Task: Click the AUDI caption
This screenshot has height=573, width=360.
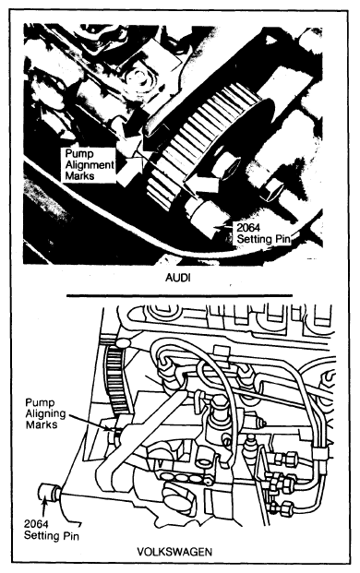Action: point(178,278)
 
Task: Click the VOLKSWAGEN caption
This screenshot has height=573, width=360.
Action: point(174,552)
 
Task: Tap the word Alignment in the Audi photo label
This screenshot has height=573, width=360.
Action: point(90,165)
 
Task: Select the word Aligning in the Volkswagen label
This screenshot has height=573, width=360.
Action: point(45,414)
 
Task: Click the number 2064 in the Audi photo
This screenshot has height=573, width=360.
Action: point(248,228)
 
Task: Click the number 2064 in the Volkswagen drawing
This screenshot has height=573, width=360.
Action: point(36,524)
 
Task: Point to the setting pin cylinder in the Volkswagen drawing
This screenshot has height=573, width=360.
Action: point(48,492)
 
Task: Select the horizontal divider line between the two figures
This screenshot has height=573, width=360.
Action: point(179,295)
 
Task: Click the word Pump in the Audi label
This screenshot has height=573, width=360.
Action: point(79,154)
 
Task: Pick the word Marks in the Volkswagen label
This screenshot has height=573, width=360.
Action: point(42,425)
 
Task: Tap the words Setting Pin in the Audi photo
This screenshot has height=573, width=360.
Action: point(264,239)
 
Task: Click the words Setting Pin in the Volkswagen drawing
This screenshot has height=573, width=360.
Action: point(52,536)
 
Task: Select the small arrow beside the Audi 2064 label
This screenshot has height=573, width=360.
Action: point(224,229)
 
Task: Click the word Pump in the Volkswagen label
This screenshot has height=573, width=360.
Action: point(41,403)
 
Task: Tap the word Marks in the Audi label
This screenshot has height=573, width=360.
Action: point(79,175)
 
